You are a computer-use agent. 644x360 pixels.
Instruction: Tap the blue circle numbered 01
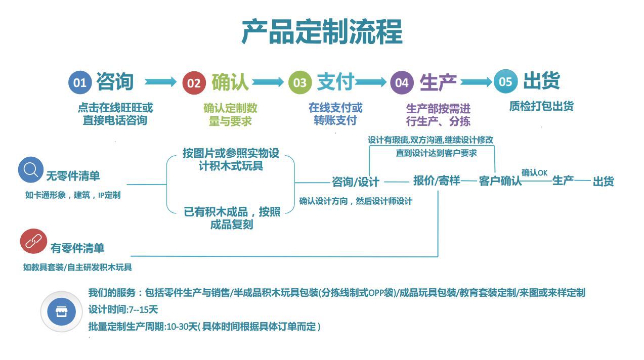[x=80, y=82]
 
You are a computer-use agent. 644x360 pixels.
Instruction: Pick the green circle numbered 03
[x=300, y=82]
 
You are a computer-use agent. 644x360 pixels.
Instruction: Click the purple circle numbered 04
[x=402, y=82]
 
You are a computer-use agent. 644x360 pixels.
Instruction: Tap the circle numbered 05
[x=505, y=81]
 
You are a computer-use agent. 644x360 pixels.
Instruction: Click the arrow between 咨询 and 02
[x=160, y=81]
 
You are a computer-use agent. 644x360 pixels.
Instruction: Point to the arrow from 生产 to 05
[x=476, y=81]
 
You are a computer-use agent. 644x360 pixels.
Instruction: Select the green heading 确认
[x=230, y=82]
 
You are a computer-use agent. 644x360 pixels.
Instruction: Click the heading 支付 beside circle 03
[x=335, y=82]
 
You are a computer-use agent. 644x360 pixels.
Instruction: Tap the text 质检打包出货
[x=541, y=106]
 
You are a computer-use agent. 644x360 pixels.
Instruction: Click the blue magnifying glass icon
[x=31, y=169]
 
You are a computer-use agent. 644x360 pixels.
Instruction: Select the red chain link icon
[x=33, y=242]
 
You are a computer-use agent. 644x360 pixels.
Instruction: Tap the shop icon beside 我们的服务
[x=61, y=311]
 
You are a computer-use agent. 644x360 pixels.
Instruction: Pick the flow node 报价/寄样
[x=436, y=181]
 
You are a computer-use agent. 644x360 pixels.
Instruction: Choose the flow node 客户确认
[x=500, y=181]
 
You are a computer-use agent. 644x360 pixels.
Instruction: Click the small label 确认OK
[x=534, y=172]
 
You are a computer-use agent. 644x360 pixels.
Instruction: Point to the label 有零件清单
[x=77, y=248]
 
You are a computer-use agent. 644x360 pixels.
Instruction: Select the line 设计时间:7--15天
[x=123, y=309]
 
